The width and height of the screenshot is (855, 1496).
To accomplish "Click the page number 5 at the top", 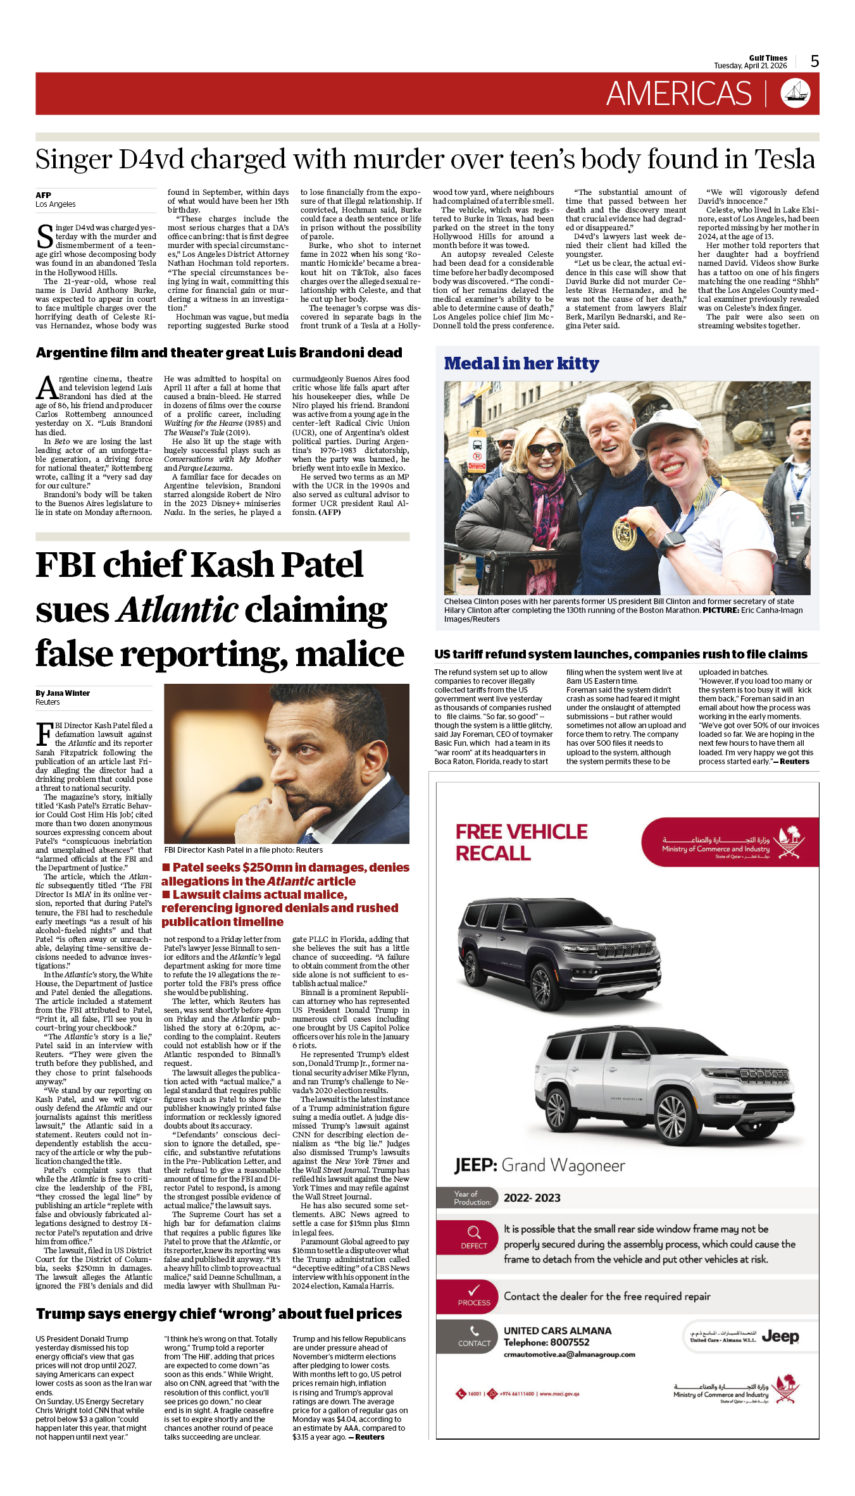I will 814,61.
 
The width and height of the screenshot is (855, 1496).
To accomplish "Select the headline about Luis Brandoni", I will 219,353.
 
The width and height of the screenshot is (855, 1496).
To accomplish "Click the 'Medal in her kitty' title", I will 521,364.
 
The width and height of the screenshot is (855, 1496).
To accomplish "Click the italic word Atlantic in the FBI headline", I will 178,610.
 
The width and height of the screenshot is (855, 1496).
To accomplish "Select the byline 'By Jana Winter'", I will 63,693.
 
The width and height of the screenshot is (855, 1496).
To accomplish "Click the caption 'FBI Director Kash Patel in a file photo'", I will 243,850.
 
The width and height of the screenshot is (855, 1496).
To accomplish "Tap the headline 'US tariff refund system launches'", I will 620,654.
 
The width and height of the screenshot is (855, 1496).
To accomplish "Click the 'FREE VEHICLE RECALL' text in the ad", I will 521,842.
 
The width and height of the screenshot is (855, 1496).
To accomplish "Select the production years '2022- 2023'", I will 532,1198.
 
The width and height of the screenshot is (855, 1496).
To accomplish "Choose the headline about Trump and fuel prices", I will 219,1314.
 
